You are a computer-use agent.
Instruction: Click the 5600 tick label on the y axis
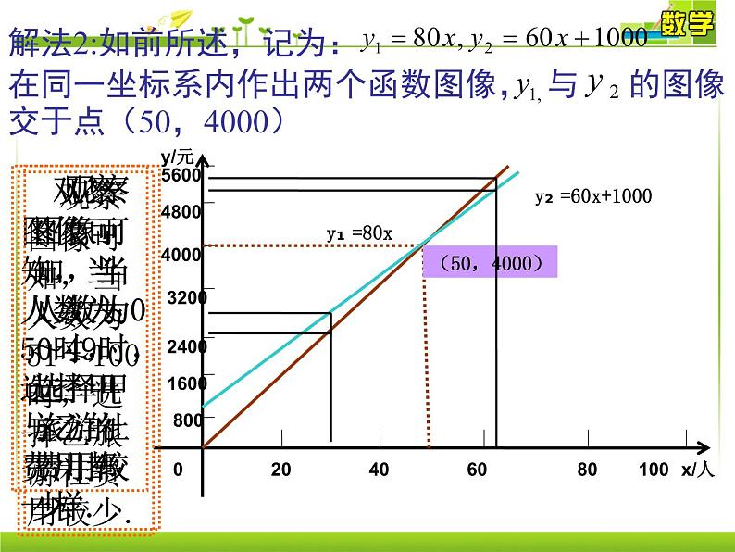pyautogui.click(x=180, y=176)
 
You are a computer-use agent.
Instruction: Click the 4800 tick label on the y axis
pyautogui.click(x=181, y=212)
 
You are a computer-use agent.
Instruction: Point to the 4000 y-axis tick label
pyautogui.click(x=181, y=254)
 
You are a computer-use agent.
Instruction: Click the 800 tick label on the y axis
pyautogui.click(x=187, y=420)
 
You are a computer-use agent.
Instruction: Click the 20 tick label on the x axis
pyautogui.click(x=281, y=470)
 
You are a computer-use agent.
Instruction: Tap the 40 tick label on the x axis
pyautogui.click(x=379, y=470)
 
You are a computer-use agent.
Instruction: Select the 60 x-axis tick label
pyautogui.click(x=477, y=470)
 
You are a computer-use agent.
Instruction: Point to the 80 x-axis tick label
pyautogui.click(x=587, y=470)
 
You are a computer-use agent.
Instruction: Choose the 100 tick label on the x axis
pyautogui.click(x=653, y=470)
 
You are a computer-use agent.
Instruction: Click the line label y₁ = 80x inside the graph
pyautogui.click(x=359, y=233)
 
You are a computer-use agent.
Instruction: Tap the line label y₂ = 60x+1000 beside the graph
pyautogui.click(x=593, y=196)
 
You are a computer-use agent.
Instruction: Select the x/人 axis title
pyautogui.click(x=698, y=470)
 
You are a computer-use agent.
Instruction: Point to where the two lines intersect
pyautogui.click(x=425, y=245)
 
